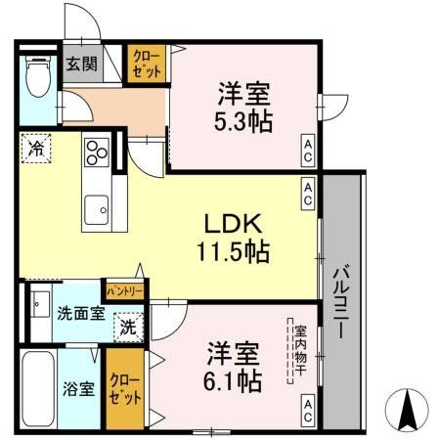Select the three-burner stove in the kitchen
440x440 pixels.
(x=97, y=152)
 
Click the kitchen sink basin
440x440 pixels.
(x=97, y=207)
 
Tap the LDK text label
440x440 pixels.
(x=230, y=221)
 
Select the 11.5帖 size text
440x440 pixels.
(x=231, y=250)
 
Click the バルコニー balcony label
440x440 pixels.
(x=343, y=302)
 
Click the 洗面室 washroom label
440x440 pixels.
(x=73, y=315)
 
